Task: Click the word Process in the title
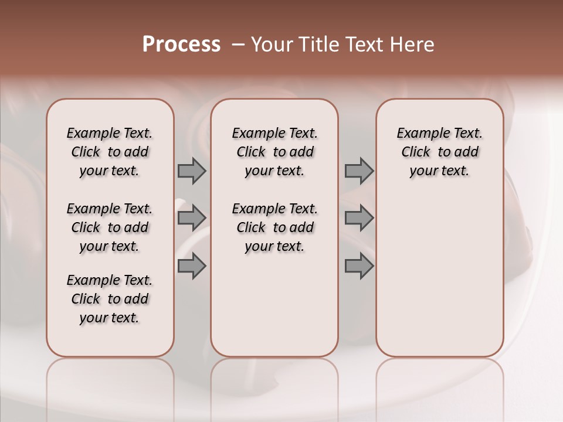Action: click(181, 45)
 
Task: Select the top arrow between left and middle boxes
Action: click(192, 171)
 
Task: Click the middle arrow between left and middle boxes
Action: click(192, 218)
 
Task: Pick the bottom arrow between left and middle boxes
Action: click(192, 266)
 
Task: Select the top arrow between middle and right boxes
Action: click(359, 171)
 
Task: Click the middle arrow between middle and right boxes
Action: click(359, 218)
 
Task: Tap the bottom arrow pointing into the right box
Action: click(359, 266)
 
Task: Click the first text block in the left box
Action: click(110, 152)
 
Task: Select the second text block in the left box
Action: click(110, 227)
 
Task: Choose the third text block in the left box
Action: click(110, 299)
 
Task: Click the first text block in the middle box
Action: click(274, 152)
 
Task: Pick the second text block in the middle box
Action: click(274, 227)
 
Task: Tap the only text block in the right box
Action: click(440, 152)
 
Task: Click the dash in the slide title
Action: click(238, 45)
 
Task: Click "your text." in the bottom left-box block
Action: click(110, 318)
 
